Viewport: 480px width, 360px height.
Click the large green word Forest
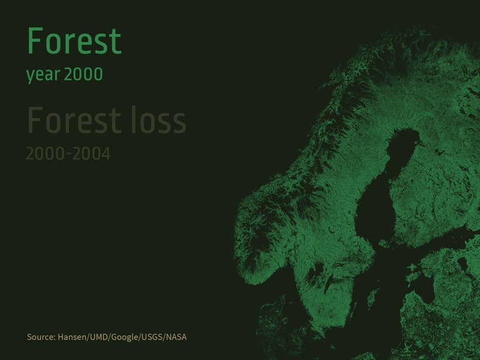[75, 41]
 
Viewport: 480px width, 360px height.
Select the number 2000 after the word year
[83, 74]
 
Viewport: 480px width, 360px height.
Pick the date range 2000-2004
[68, 154]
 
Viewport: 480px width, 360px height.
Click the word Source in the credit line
[41, 337]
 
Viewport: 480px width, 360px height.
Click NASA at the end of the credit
[176, 337]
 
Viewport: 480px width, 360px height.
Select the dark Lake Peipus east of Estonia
[462, 264]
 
